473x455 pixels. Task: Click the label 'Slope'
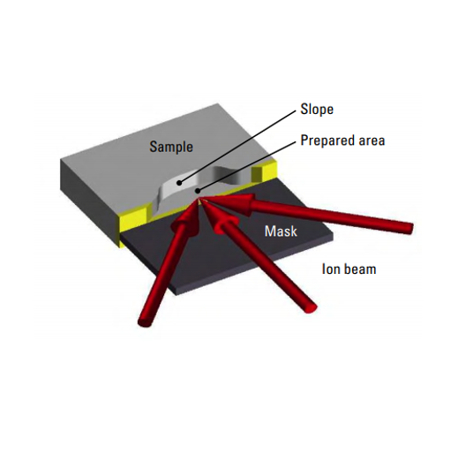click(x=317, y=110)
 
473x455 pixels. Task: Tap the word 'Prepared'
click(x=327, y=140)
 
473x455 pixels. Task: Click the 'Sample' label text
click(x=171, y=147)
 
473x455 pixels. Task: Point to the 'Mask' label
click(x=281, y=231)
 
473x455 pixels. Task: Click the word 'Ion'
click(x=330, y=269)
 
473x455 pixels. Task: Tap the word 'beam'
click(x=359, y=269)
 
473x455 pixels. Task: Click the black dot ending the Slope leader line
click(x=179, y=183)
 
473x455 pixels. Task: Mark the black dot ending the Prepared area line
click(x=198, y=190)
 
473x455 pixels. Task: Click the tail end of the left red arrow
click(x=145, y=322)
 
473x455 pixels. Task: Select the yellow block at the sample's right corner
click(x=265, y=172)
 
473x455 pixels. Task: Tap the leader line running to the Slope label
click(x=237, y=147)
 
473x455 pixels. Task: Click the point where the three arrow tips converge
click(x=200, y=200)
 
